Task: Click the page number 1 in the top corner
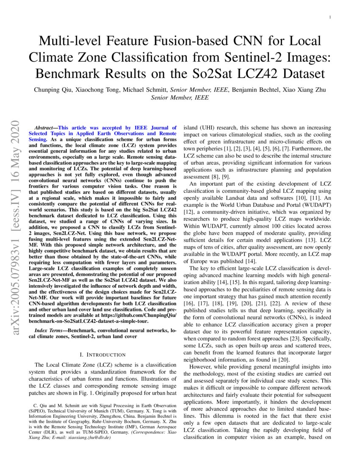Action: click(330, 17)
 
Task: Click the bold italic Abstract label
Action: click(44, 128)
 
